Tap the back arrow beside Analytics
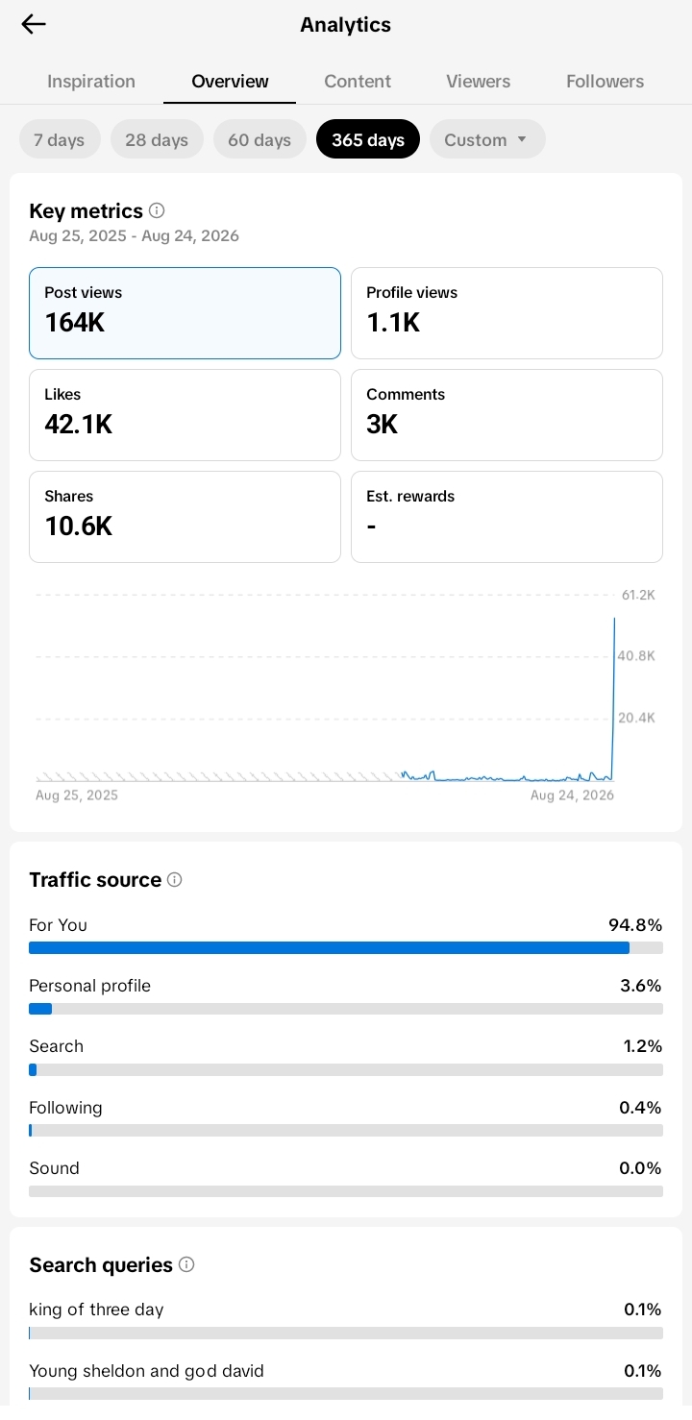click(34, 24)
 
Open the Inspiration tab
click(90, 81)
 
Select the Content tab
click(358, 81)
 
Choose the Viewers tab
click(478, 81)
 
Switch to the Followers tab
click(605, 81)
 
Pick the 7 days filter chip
click(59, 139)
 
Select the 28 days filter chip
click(157, 139)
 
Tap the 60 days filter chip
click(259, 139)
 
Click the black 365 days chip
click(368, 139)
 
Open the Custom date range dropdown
click(487, 139)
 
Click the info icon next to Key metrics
click(156, 210)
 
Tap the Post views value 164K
click(74, 322)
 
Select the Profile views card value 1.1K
click(393, 322)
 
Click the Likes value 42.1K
click(78, 424)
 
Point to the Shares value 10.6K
click(78, 526)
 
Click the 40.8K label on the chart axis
click(636, 656)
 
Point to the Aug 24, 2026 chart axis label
click(572, 795)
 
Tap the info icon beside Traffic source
click(174, 879)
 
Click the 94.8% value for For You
click(635, 925)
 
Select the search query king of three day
click(96, 1310)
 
